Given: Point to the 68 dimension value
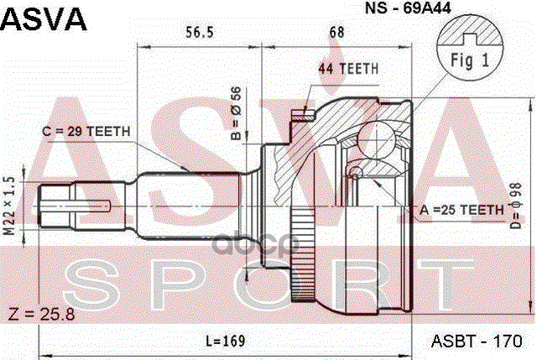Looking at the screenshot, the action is pyautogui.click(x=337, y=34).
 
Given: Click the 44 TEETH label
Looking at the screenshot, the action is pyautogui.click(x=348, y=68).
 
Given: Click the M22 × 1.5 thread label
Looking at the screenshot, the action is pyautogui.click(x=11, y=206).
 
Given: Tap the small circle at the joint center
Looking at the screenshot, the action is pyautogui.click(x=357, y=173).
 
